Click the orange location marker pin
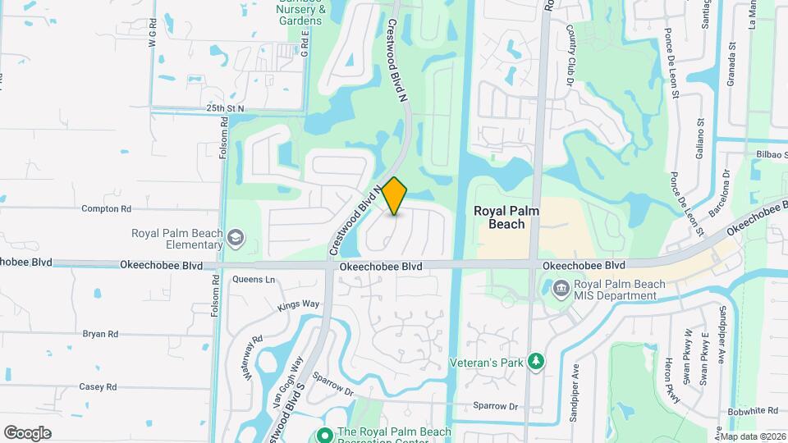395,196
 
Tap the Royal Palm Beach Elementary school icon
236,239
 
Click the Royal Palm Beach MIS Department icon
561,289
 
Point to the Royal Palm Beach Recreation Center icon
324,434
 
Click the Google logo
27,432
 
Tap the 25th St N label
226,108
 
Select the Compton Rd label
107,209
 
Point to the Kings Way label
297,305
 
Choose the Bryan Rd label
100,334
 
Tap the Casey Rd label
98,386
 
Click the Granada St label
730,67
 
